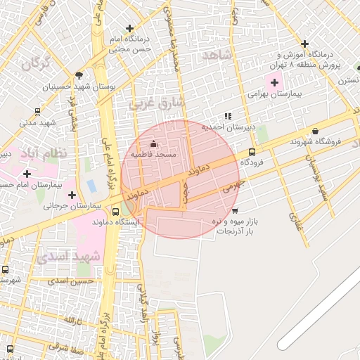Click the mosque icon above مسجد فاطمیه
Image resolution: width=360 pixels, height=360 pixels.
click(154, 144)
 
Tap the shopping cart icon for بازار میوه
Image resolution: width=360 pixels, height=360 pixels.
click(235, 210)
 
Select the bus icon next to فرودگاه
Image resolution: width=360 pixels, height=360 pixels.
click(252, 151)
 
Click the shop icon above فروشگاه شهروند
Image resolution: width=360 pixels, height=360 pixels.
click(314, 131)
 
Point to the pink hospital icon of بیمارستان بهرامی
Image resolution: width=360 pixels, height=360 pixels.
click(274, 83)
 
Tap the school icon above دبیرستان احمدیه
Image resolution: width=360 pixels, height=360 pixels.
click(227, 116)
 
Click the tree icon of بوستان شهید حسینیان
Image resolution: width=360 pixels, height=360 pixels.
click(79, 75)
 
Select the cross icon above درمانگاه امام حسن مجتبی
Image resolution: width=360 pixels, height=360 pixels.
click(128, 27)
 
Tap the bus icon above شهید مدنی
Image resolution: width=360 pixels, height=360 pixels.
click(37, 111)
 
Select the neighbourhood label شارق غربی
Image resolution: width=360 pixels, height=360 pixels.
click(156, 103)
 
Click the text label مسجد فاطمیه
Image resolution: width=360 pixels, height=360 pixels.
click(155, 154)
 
